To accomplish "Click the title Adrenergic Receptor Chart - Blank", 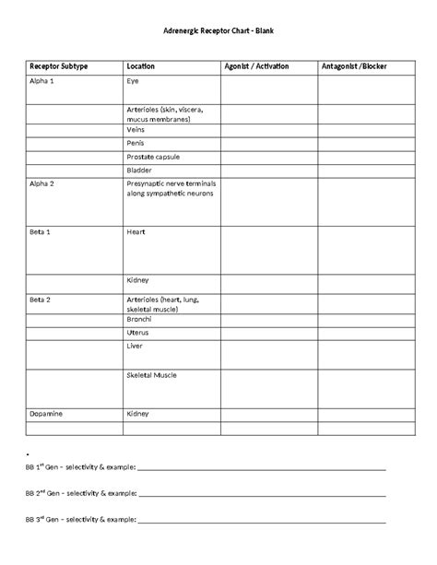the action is (218, 32).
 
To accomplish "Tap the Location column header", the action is (140, 66).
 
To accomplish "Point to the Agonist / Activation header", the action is (256, 66).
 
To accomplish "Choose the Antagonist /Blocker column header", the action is (355, 66).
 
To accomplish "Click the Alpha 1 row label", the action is (42, 81).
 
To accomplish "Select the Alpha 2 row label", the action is (42, 183).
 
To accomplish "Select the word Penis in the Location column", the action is (136, 143).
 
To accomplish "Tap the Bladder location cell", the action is (138, 171).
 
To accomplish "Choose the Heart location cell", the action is (136, 231).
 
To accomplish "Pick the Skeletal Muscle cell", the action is (151, 375).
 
